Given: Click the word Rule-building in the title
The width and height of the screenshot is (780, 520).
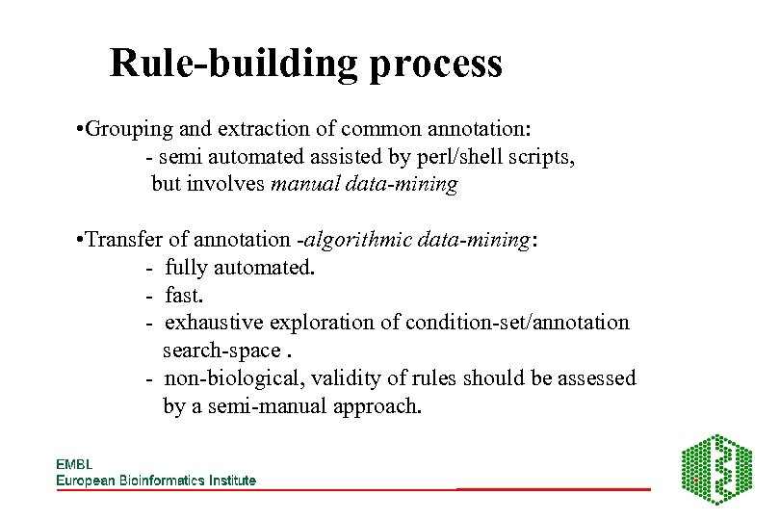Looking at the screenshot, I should point(230,64).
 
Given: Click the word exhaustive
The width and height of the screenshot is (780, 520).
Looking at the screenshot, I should point(215,323).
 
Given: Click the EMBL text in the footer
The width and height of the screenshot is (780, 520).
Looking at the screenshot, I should point(74,464).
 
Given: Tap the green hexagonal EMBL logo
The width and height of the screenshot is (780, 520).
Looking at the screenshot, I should point(716,469).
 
